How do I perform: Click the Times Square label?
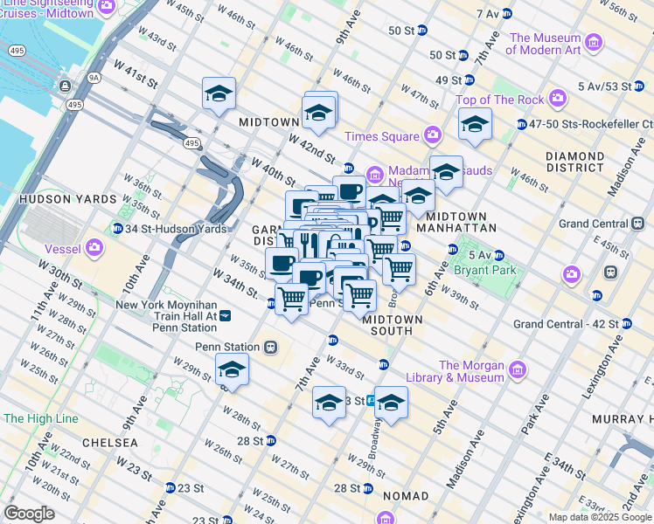(381, 136)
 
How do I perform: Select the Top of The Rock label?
(499, 100)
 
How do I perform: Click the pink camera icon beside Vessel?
(94, 250)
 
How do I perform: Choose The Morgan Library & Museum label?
(471, 371)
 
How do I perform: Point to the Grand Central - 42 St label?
(566, 324)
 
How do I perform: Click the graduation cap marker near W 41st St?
(219, 93)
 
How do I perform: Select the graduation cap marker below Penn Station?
(232, 369)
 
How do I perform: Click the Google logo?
(30, 513)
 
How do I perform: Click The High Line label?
(40, 418)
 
